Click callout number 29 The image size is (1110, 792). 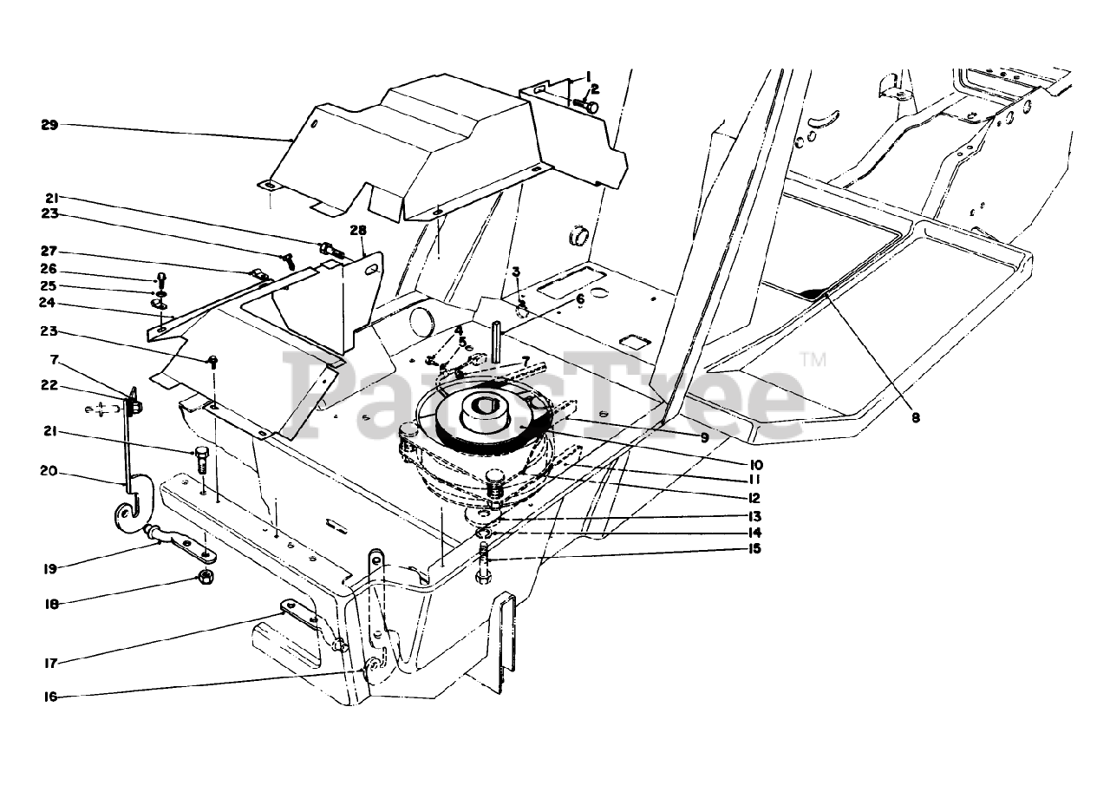(x=49, y=125)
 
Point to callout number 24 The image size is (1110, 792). (x=49, y=303)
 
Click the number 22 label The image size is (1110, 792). (x=49, y=385)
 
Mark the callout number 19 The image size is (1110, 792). (x=49, y=569)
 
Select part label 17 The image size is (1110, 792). (x=49, y=664)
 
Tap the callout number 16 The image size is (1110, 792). (x=49, y=696)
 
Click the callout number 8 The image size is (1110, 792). (x=916, y=416)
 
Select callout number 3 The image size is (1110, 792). (x=515, y=272)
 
